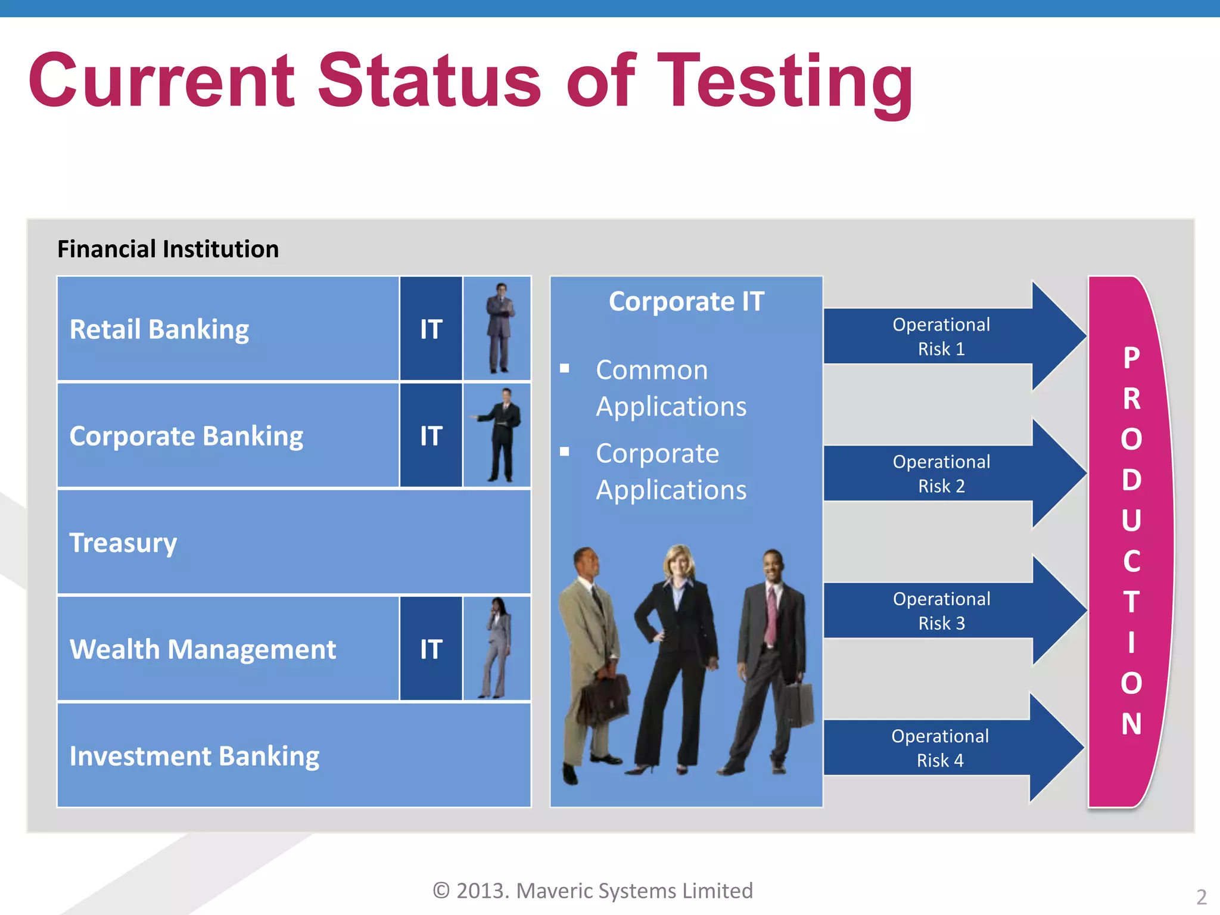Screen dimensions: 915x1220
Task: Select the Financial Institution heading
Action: coord(168,249)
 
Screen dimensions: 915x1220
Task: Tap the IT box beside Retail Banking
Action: coord(431,329)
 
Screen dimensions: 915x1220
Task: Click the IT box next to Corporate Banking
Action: coord(431,435)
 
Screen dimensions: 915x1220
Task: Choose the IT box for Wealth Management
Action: coord(431,649)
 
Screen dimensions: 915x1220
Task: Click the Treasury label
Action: coord(123,543)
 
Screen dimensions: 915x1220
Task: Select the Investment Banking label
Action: coord(194,756)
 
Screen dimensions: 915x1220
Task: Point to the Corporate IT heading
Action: coord(686,301)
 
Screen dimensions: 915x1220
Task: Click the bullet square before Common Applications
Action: coord(565,369)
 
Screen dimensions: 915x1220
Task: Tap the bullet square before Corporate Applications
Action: coord(565,452)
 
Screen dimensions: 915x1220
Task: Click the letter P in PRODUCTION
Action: coord(1131,358)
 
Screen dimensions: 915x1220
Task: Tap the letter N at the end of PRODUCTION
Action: coord(1131,724)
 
